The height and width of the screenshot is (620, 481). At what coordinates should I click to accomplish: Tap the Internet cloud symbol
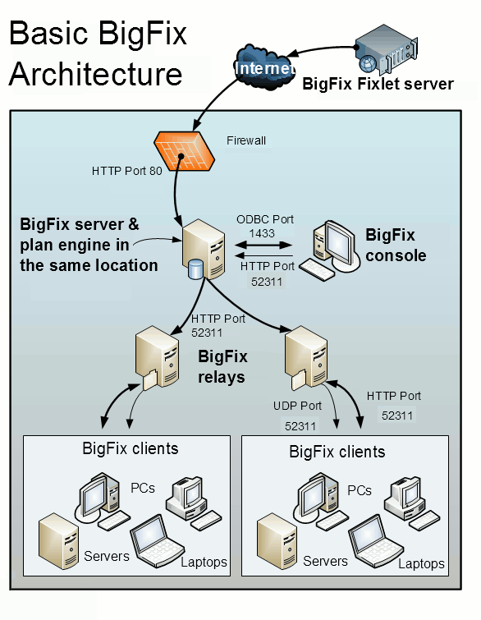click(x=262, y=68)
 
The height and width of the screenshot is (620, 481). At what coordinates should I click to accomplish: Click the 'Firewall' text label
click(x=246, y=140)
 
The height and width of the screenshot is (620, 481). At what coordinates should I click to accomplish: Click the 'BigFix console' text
click(x=396, y=245)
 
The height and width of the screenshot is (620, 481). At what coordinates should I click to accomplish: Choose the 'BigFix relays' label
click(x=222, y=367)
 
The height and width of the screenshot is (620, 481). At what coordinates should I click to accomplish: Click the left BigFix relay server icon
click(x=158, y=358)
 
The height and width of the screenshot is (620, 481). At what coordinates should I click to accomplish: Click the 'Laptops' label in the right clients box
click(x=421, y=564)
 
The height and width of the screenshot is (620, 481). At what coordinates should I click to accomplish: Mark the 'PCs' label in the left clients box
click(x=142, y=489)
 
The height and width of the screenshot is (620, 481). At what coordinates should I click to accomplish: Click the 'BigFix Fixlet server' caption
click(x=378, y=84)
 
